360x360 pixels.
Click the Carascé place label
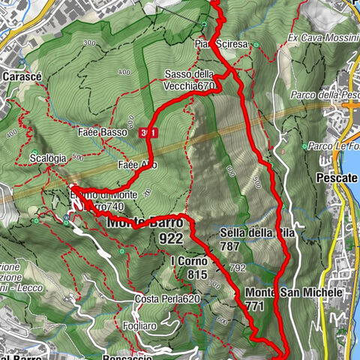tap(21, 76)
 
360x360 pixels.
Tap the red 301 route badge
tap(148, 133)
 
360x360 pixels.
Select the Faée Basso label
tap(101, 132)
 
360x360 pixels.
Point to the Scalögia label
tap(50, 158)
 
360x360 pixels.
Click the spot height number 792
tap(238, 267)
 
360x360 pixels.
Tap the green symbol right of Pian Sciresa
tap(256, 45)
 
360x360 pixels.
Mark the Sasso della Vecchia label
tap(190, 80)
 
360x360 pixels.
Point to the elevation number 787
tap(230, 246)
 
